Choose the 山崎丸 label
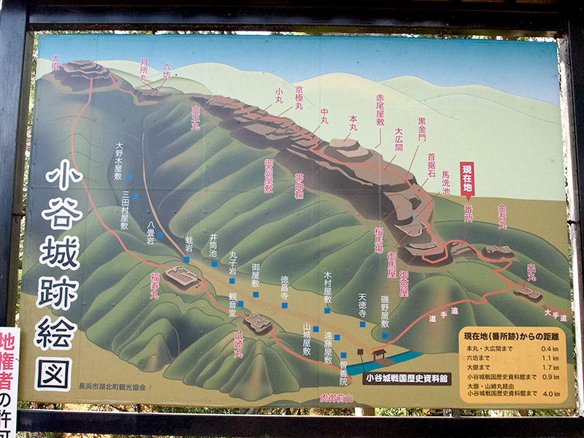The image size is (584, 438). (239, 344)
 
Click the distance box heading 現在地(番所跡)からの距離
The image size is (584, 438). (510, 336)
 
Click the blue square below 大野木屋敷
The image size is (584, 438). (128, 177)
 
